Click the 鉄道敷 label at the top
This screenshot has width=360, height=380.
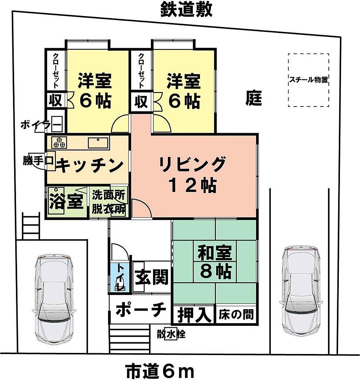pos(186,9)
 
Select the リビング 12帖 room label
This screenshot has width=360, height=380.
pos(192,174)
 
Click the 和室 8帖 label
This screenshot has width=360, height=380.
pos(215,262)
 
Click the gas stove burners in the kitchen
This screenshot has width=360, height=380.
pos(59,142)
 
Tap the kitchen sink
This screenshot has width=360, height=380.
pos(98,142)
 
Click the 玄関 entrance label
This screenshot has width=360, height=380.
pos(152,277)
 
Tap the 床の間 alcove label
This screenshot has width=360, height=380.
pos(236,315)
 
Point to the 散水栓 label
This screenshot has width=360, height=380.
pos(171,335)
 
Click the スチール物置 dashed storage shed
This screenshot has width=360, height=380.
pos(309,80)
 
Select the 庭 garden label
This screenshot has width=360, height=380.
pos(254,98)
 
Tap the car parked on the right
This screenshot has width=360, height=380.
pos(301,291)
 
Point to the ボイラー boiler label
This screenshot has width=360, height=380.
pos(41,125)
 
